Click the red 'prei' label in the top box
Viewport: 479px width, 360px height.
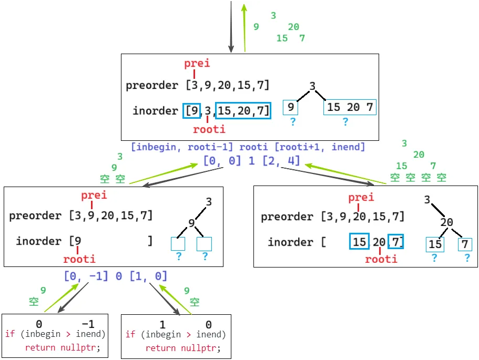tap(197, 64)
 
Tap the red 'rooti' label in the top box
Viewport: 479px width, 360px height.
tap(209, 129)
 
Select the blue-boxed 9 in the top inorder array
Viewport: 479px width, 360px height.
tap(191, 111)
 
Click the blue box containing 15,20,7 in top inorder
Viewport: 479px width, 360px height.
tap(243, 111)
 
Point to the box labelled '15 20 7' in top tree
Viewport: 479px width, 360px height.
tap(350, 108)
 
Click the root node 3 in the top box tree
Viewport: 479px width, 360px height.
tap(312, 87)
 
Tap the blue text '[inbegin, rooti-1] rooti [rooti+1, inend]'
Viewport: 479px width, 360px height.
tap(248, 147)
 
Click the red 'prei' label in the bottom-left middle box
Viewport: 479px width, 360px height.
tap(94, 196)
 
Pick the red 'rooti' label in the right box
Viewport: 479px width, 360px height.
tap(381, 259)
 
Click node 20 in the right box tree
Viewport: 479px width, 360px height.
tap(447, 222)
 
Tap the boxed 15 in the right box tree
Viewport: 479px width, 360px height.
tap(435, 245)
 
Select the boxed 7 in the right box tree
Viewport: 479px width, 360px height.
tap(464, 245)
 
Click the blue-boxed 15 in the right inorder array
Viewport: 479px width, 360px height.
tap(360, 242)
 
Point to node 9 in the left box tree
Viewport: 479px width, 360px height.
tap(192, 223)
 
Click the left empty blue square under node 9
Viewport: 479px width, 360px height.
tap(178, 244)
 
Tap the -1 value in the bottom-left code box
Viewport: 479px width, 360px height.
tap(88, 325)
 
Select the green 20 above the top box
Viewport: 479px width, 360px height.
tap(293, 27)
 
